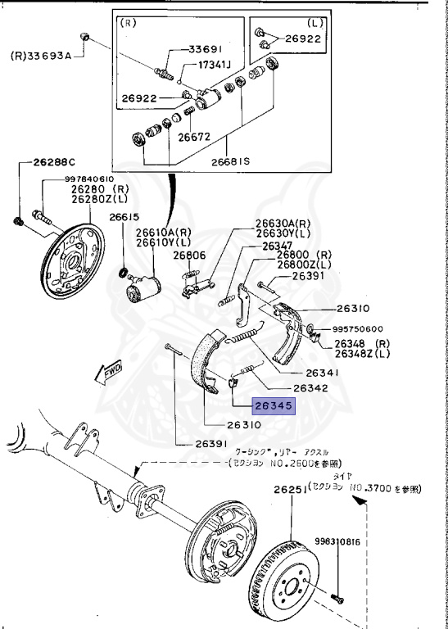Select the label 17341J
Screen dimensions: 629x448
pos(215,65)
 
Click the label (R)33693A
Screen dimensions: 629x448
pos(41,56)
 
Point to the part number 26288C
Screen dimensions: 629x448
pos(54,161)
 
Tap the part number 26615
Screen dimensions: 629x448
pos(124,217)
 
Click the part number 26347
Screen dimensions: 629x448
pos(277,246)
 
